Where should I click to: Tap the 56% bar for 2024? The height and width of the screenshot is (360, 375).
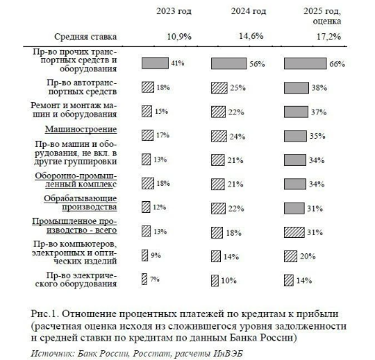point(228,63)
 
